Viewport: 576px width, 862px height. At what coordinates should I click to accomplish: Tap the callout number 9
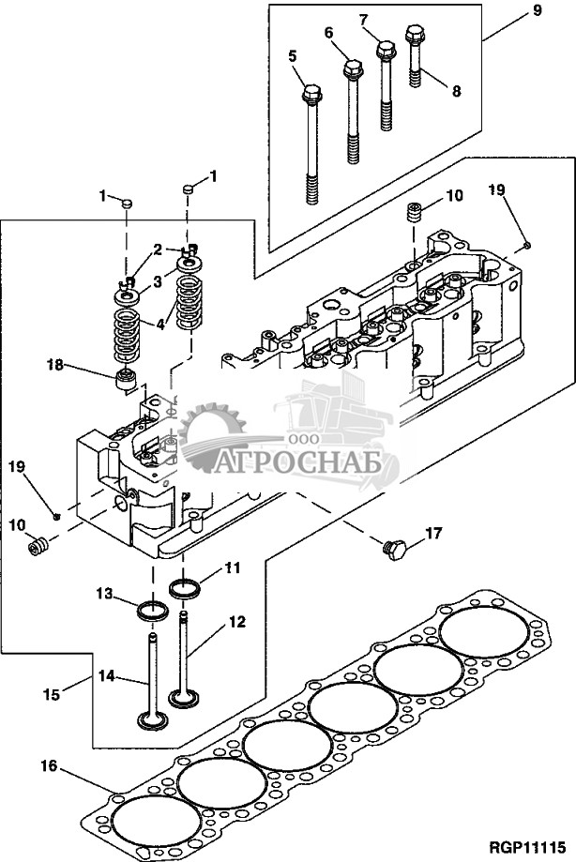tap(537, 10)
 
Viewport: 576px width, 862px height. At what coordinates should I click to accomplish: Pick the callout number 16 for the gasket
tap(50, 764)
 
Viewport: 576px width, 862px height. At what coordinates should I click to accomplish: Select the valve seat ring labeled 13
tap(153, 611)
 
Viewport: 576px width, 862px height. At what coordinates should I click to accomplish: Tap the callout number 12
tap(237, 622)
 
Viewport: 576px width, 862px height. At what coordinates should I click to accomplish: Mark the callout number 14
tap(107, 675)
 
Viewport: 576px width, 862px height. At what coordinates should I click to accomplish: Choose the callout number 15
tap(51, 693)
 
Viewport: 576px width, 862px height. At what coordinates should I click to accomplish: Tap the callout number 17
tap(433, 533)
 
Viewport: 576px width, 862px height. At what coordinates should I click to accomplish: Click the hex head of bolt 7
tap(385, 51)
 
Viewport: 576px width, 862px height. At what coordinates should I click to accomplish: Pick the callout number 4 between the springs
tap(159, 325)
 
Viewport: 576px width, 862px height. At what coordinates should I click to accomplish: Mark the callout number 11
tap(233, 567)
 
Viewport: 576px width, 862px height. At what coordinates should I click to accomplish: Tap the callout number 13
tap(105, 593)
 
